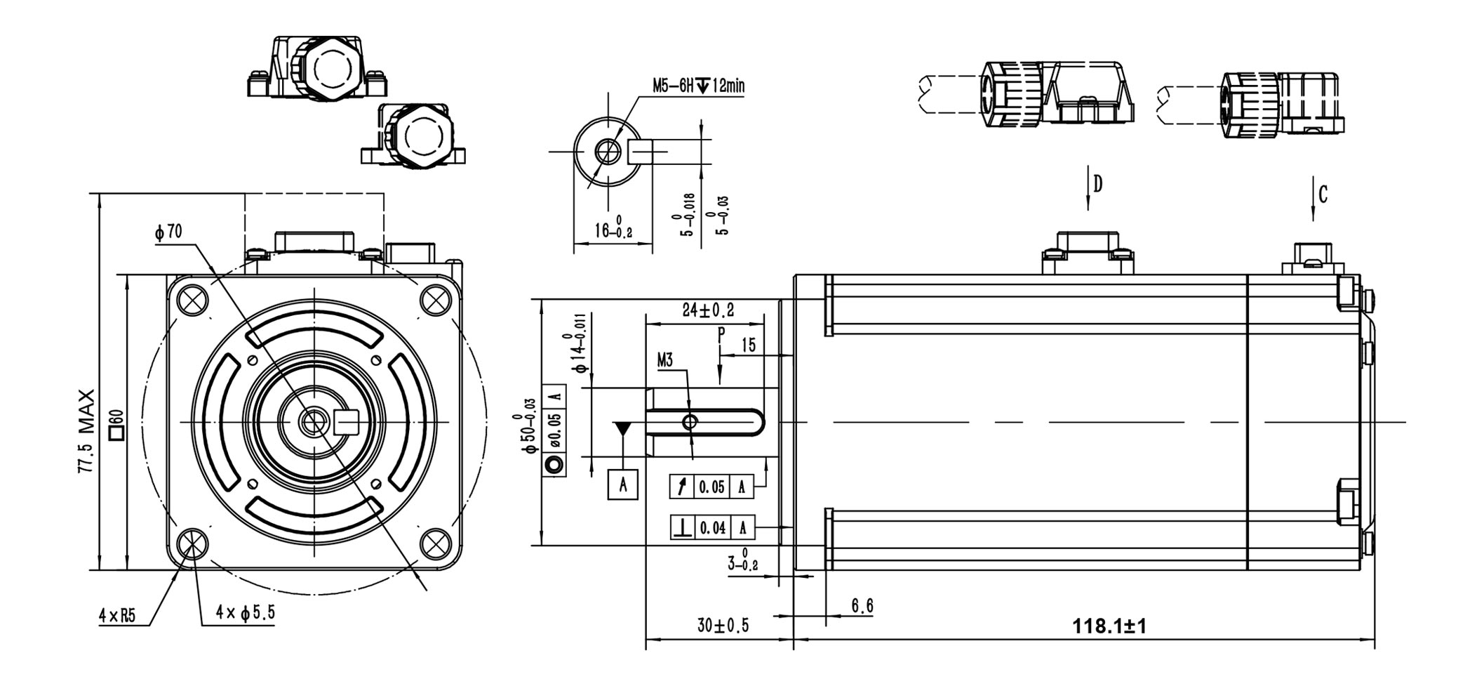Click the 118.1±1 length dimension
(x=1109, y=626)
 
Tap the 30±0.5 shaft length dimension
(x=723, y=625)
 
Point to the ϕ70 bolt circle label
(x=168, y=232)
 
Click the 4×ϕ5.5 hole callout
(x=246, y=613)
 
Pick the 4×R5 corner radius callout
(x=116, y=616)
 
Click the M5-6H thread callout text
(x=698, y=86)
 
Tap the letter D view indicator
(x=1098, y=184)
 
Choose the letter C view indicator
(x=1323, y=194)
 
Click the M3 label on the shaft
(x=664, y=361)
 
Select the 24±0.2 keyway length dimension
(x=708, y=310)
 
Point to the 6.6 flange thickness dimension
(x=862, y=606)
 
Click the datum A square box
(x=622, y=484)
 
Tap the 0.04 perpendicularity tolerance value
(x=713, y=527)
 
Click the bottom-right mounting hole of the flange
(x=436, y=543)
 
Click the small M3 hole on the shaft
(x=690, y=422)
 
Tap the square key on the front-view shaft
(x=348, y=421)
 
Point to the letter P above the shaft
(x=721, y=334)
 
